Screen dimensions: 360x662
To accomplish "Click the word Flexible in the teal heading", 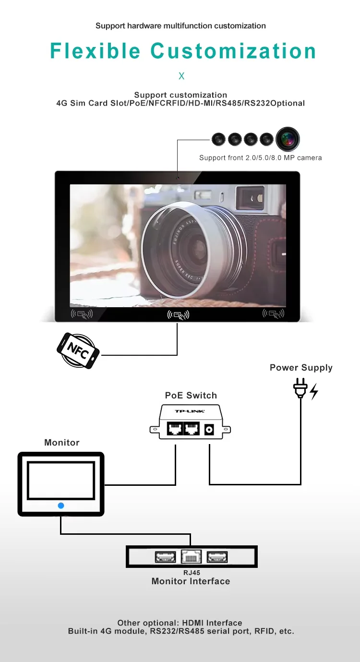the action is point(95,51).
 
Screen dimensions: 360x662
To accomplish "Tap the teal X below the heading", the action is point(181,76).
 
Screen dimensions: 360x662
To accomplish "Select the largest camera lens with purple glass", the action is point(288,140).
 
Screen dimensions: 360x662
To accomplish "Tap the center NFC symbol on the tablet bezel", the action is point(178,315).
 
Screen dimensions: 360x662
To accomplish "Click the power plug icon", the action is point(300,389).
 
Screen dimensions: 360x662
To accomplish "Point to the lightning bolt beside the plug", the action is point(314,392).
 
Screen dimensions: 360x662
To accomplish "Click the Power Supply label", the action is point(301,368).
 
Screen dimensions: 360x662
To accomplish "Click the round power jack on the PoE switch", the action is point(209,430).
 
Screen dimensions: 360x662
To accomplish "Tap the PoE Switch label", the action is point(191,396).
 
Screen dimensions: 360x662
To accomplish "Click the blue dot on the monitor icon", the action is point(61,506).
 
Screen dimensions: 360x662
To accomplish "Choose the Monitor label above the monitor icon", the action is point(62,443).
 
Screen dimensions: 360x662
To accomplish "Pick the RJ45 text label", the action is point(192,573).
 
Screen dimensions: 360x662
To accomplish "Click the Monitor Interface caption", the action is point(191,581).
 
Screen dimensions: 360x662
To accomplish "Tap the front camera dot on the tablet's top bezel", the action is point(177,178).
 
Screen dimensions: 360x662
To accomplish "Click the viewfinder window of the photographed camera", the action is point(252,198).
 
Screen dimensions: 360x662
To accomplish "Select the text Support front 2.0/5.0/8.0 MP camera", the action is point(260,158).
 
